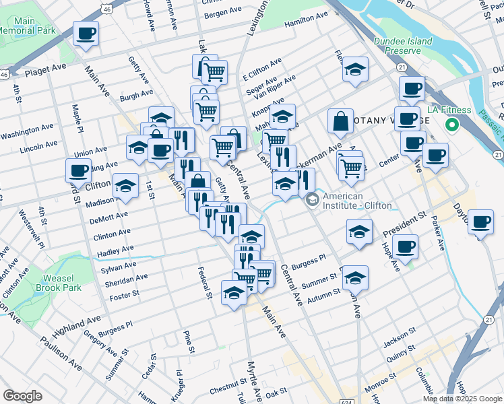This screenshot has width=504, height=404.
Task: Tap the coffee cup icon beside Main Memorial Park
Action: [x=86, y=34]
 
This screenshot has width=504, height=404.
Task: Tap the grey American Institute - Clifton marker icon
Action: [x=312, y=199]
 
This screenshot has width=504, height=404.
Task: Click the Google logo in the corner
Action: [x=22, y=396]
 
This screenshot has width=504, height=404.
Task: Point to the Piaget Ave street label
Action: [x=46, y=71]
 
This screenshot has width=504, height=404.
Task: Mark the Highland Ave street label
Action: [x=76, y=325]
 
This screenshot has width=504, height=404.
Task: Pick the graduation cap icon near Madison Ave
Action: [x=125, y=185]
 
